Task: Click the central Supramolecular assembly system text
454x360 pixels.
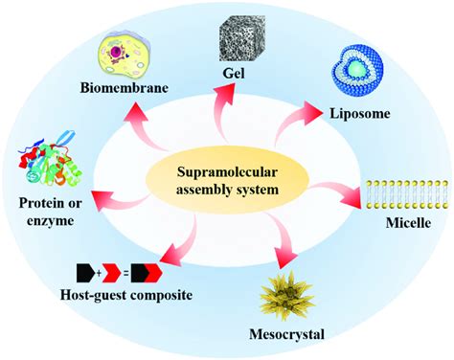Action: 225,176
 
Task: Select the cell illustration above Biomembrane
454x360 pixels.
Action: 131,49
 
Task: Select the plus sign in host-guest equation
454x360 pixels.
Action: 107,271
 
